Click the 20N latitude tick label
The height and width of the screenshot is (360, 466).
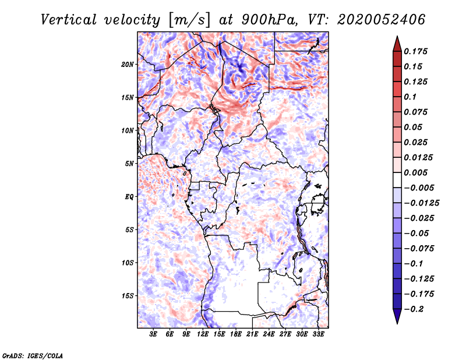(128, 64)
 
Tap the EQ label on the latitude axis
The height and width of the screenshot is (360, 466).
(129, 197)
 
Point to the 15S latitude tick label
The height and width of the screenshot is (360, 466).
(128, 296)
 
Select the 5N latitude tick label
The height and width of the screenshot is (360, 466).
(129, 164)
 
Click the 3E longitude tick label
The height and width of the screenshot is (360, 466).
(154, 334)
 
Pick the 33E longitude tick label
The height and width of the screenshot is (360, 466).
(319, 334)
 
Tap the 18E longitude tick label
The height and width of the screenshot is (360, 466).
(236, 334)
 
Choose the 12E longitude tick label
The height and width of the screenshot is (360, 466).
(203, 334)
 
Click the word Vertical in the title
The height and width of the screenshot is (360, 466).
(75, 19)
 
